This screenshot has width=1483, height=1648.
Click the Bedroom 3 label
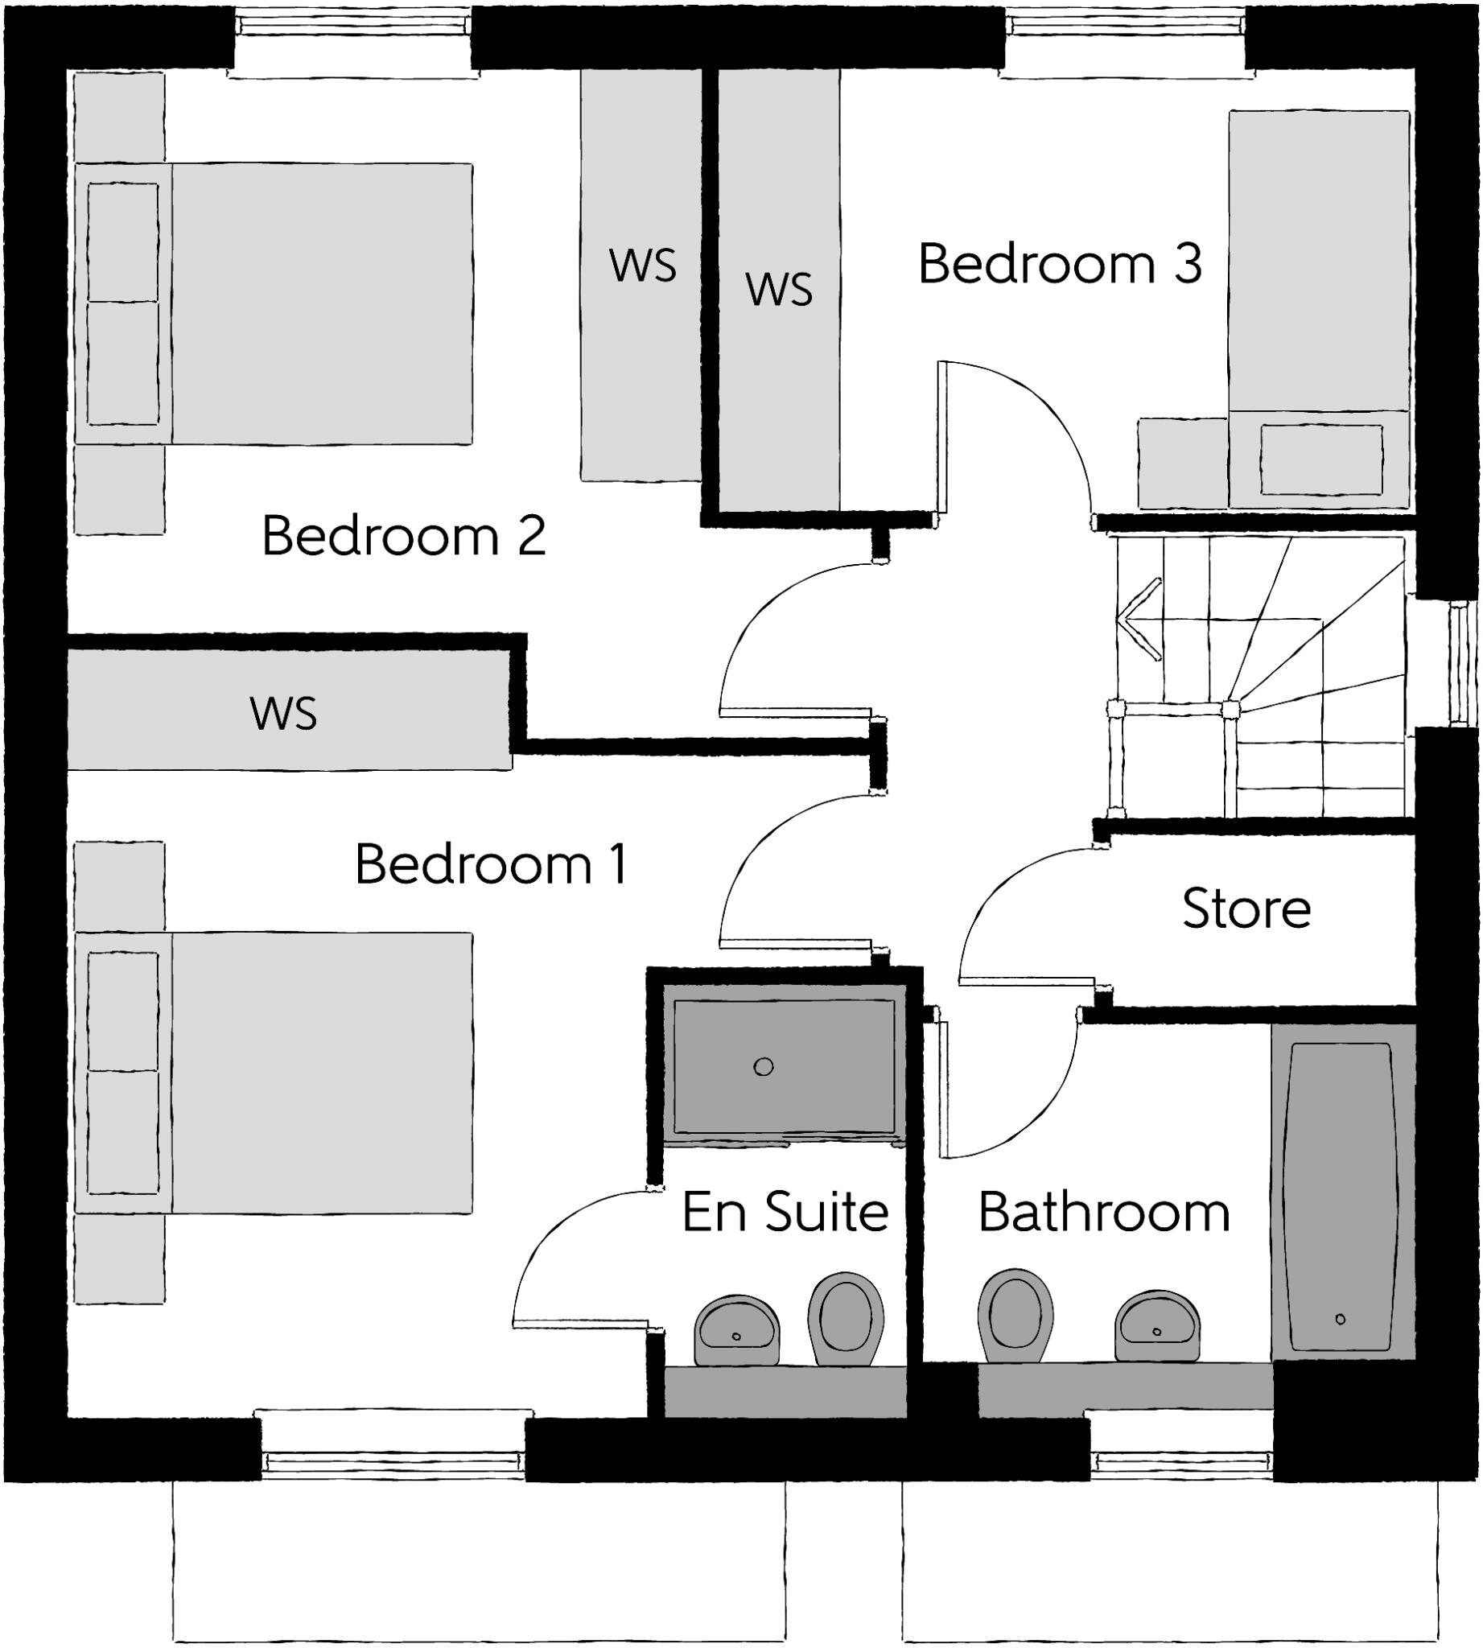click(1059, 264)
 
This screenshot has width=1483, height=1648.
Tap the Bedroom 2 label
click(403, 536)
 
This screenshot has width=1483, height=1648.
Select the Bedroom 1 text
click(492, 865)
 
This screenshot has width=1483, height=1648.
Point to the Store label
click(1246, 908)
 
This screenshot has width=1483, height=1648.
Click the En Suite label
click(785, 1212)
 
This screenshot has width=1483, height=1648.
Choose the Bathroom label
click(1103, 1213)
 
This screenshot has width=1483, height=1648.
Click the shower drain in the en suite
click(764, 1066)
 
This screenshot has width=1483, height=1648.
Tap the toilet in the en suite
click(846, 1317)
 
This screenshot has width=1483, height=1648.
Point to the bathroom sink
click(1157, 1326)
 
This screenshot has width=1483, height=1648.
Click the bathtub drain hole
click(1341, 1320)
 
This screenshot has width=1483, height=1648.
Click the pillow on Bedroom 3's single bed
click(1320, 459)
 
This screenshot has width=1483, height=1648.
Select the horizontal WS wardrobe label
click(283, 713)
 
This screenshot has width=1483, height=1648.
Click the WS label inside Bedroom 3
click(779, 290)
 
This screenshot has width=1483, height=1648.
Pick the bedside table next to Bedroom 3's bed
click(1182, 463)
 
